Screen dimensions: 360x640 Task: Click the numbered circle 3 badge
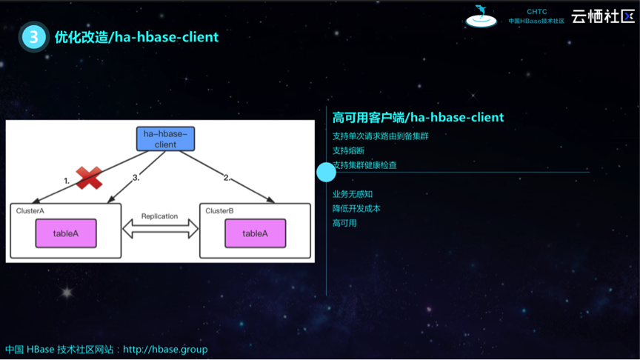tap(34, 36)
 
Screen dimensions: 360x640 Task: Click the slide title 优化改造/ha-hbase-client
tap(136, 36)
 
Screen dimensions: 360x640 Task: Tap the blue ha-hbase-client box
tap(165, 139)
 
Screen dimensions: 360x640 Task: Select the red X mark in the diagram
tap(89, 177)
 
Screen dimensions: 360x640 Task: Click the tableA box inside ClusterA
tap(66, 233)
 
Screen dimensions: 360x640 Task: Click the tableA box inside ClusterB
tap(255, 233)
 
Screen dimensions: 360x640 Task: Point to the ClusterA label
tap(31, 211)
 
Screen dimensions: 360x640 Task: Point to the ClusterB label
tap(220, 211)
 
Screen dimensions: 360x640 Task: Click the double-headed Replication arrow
tap(160, 230)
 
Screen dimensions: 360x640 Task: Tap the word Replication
tap(160, 216)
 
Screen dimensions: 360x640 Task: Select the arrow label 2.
tap(227, 178)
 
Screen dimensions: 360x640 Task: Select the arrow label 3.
tap(136, 178)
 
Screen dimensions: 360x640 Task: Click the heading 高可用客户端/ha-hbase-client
tap(418, 117)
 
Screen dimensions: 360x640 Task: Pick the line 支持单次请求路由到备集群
tap(380, 136)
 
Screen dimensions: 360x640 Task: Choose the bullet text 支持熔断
tap(348, 150)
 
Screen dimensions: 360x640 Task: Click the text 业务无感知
tap(353, 194)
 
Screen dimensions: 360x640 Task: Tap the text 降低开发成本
tap(356, 208)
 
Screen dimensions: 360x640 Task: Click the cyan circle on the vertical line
tap(326, 172)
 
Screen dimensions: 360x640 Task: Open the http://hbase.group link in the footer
tap(165, 349)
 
